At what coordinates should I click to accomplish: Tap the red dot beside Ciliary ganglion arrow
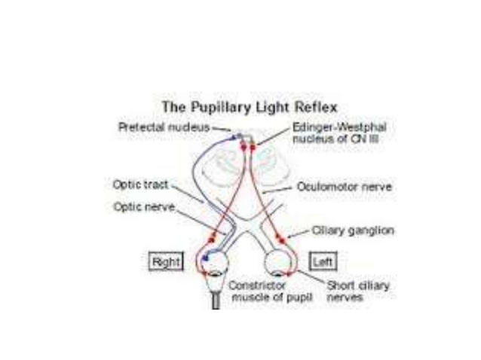tap(284, 239)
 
